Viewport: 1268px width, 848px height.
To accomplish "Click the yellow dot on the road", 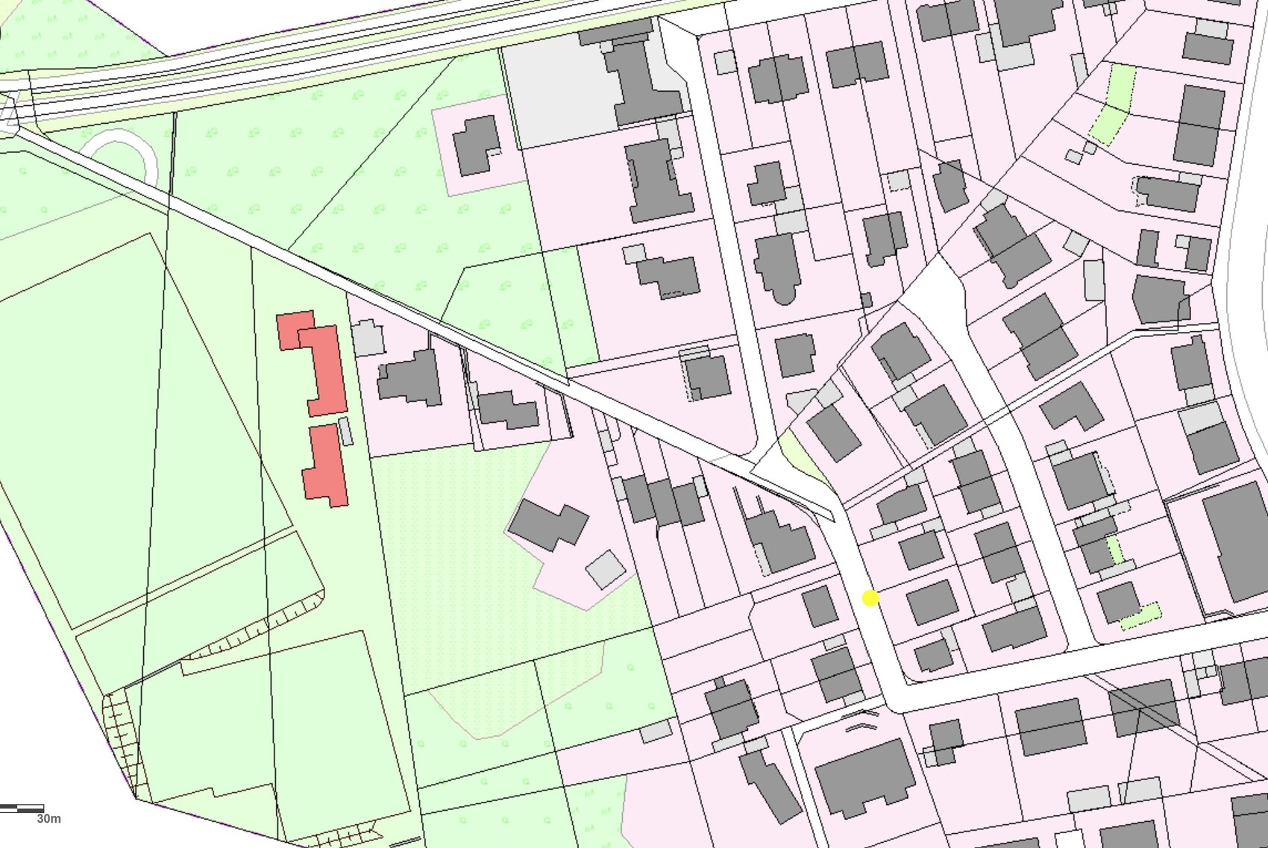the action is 870,597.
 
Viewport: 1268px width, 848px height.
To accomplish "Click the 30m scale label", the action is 48,819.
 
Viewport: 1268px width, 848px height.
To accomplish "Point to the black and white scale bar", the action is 22,808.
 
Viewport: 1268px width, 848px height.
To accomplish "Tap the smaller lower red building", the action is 326,464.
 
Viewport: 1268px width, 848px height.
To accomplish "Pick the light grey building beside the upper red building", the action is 367,338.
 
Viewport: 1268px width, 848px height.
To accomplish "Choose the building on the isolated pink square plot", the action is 474,145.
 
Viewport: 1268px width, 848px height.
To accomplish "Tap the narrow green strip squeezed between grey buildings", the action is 1114,550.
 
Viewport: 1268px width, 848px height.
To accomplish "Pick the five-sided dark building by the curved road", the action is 1160,299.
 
